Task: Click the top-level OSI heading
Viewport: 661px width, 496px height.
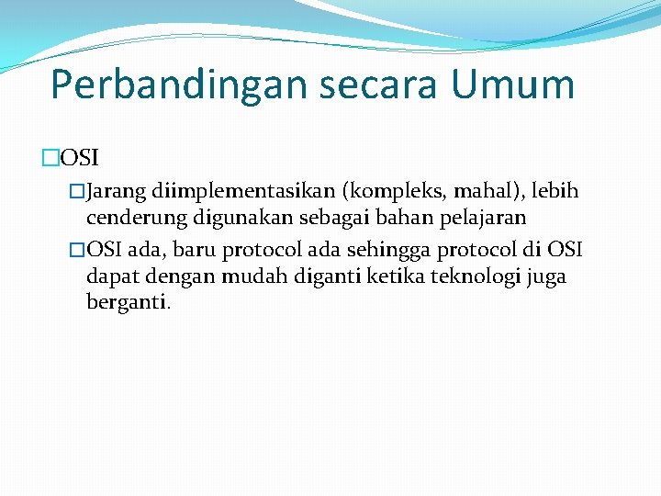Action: [80, 158]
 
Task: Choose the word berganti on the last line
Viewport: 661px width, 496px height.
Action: [127, 302]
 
